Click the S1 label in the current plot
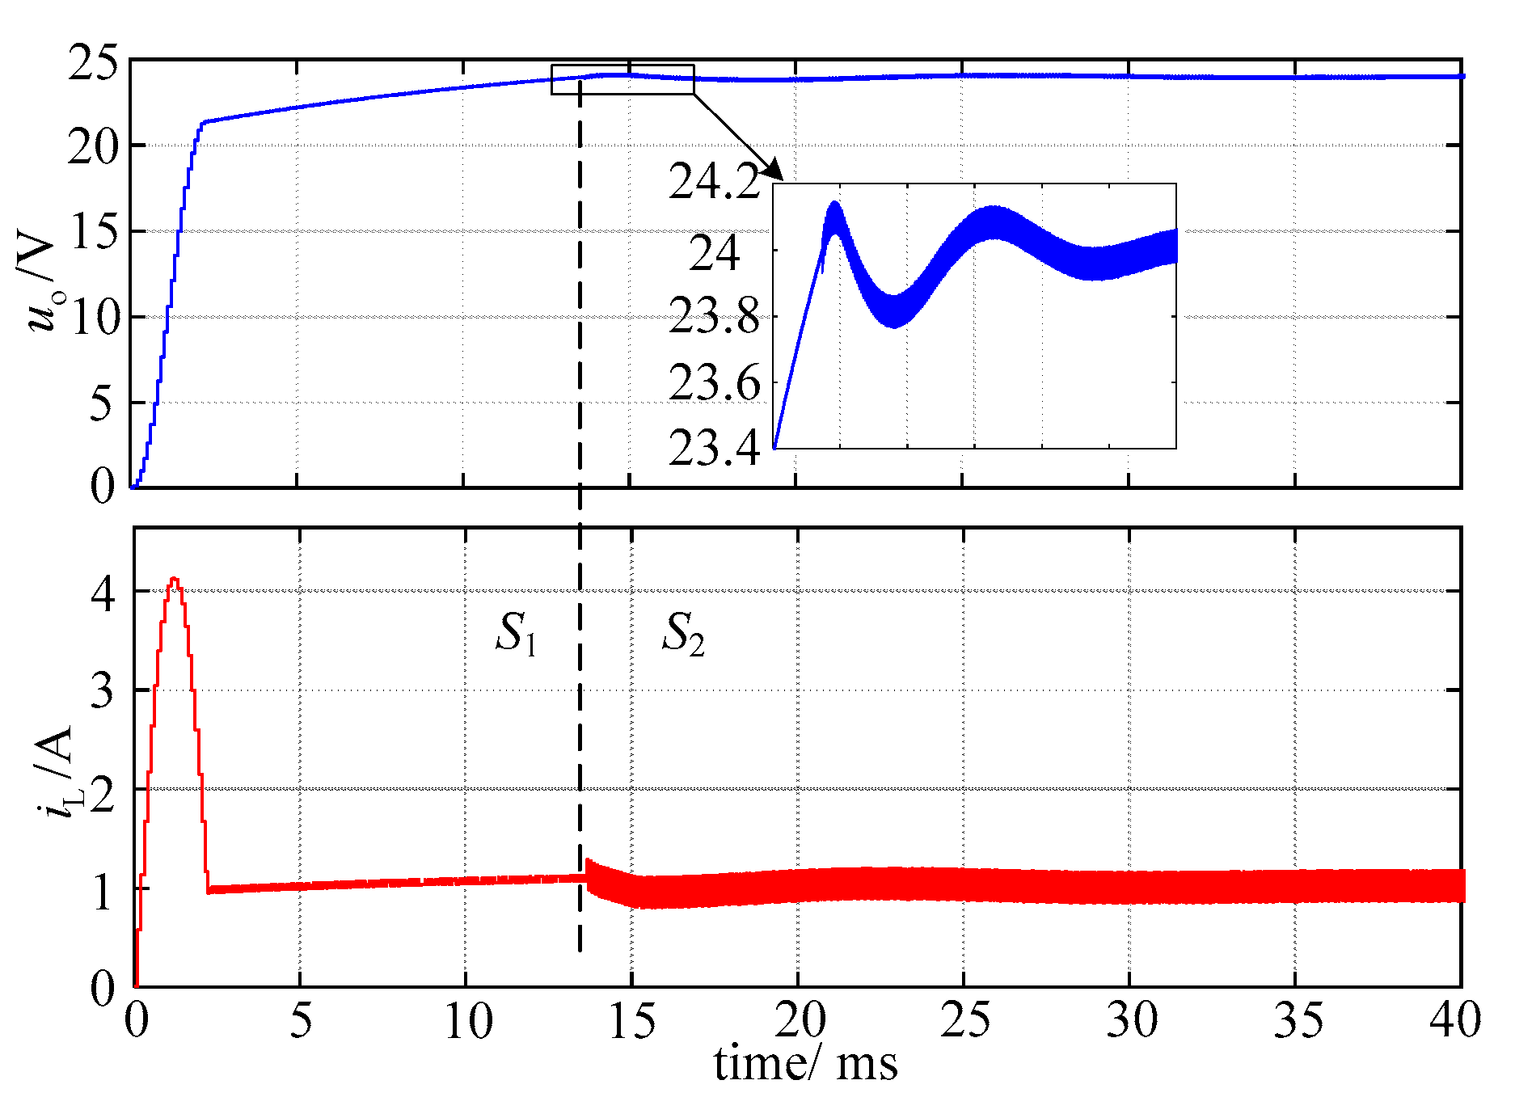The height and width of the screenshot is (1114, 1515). [x=516, y=633]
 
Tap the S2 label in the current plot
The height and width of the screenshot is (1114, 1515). [x=683, y=633]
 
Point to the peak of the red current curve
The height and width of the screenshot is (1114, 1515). [x=173, y=579]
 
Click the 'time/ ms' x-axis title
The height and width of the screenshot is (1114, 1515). [x=805, y=1064]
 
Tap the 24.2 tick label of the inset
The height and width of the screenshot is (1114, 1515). [x=715, y=182]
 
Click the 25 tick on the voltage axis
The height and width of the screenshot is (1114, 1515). [x=92, y=63]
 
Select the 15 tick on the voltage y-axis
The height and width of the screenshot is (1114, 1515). [x=92, y=233]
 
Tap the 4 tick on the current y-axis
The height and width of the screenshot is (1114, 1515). [x=103, y=594]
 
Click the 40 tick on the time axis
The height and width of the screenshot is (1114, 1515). [x=1455, y=1020]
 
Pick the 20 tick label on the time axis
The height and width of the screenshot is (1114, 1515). [x=800, y=1020]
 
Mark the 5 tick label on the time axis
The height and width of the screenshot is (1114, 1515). [x=300, y=1020]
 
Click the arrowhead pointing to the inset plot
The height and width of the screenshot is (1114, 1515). [x=774, y=171]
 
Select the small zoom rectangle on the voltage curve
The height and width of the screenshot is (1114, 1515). [x=622, y=79]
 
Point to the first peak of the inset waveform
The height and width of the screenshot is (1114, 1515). [x=833, y=204]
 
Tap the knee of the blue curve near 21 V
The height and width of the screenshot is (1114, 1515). [x=204, y=122]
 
